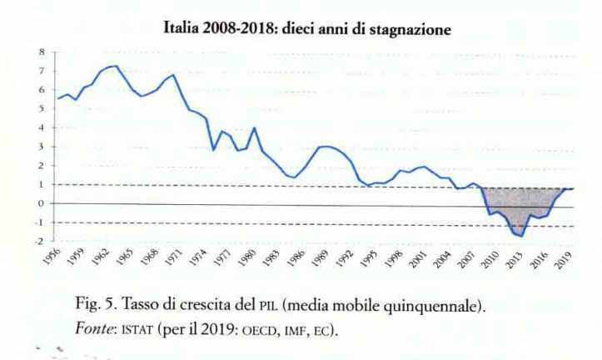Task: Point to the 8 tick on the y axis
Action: point(40,52)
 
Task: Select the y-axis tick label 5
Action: point(40,108)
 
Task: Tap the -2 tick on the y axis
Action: point(38,242)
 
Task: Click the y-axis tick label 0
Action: point(40,203)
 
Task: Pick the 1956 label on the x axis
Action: point(52,257)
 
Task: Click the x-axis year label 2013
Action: point(516,257)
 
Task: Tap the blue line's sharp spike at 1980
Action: point(254,127)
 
